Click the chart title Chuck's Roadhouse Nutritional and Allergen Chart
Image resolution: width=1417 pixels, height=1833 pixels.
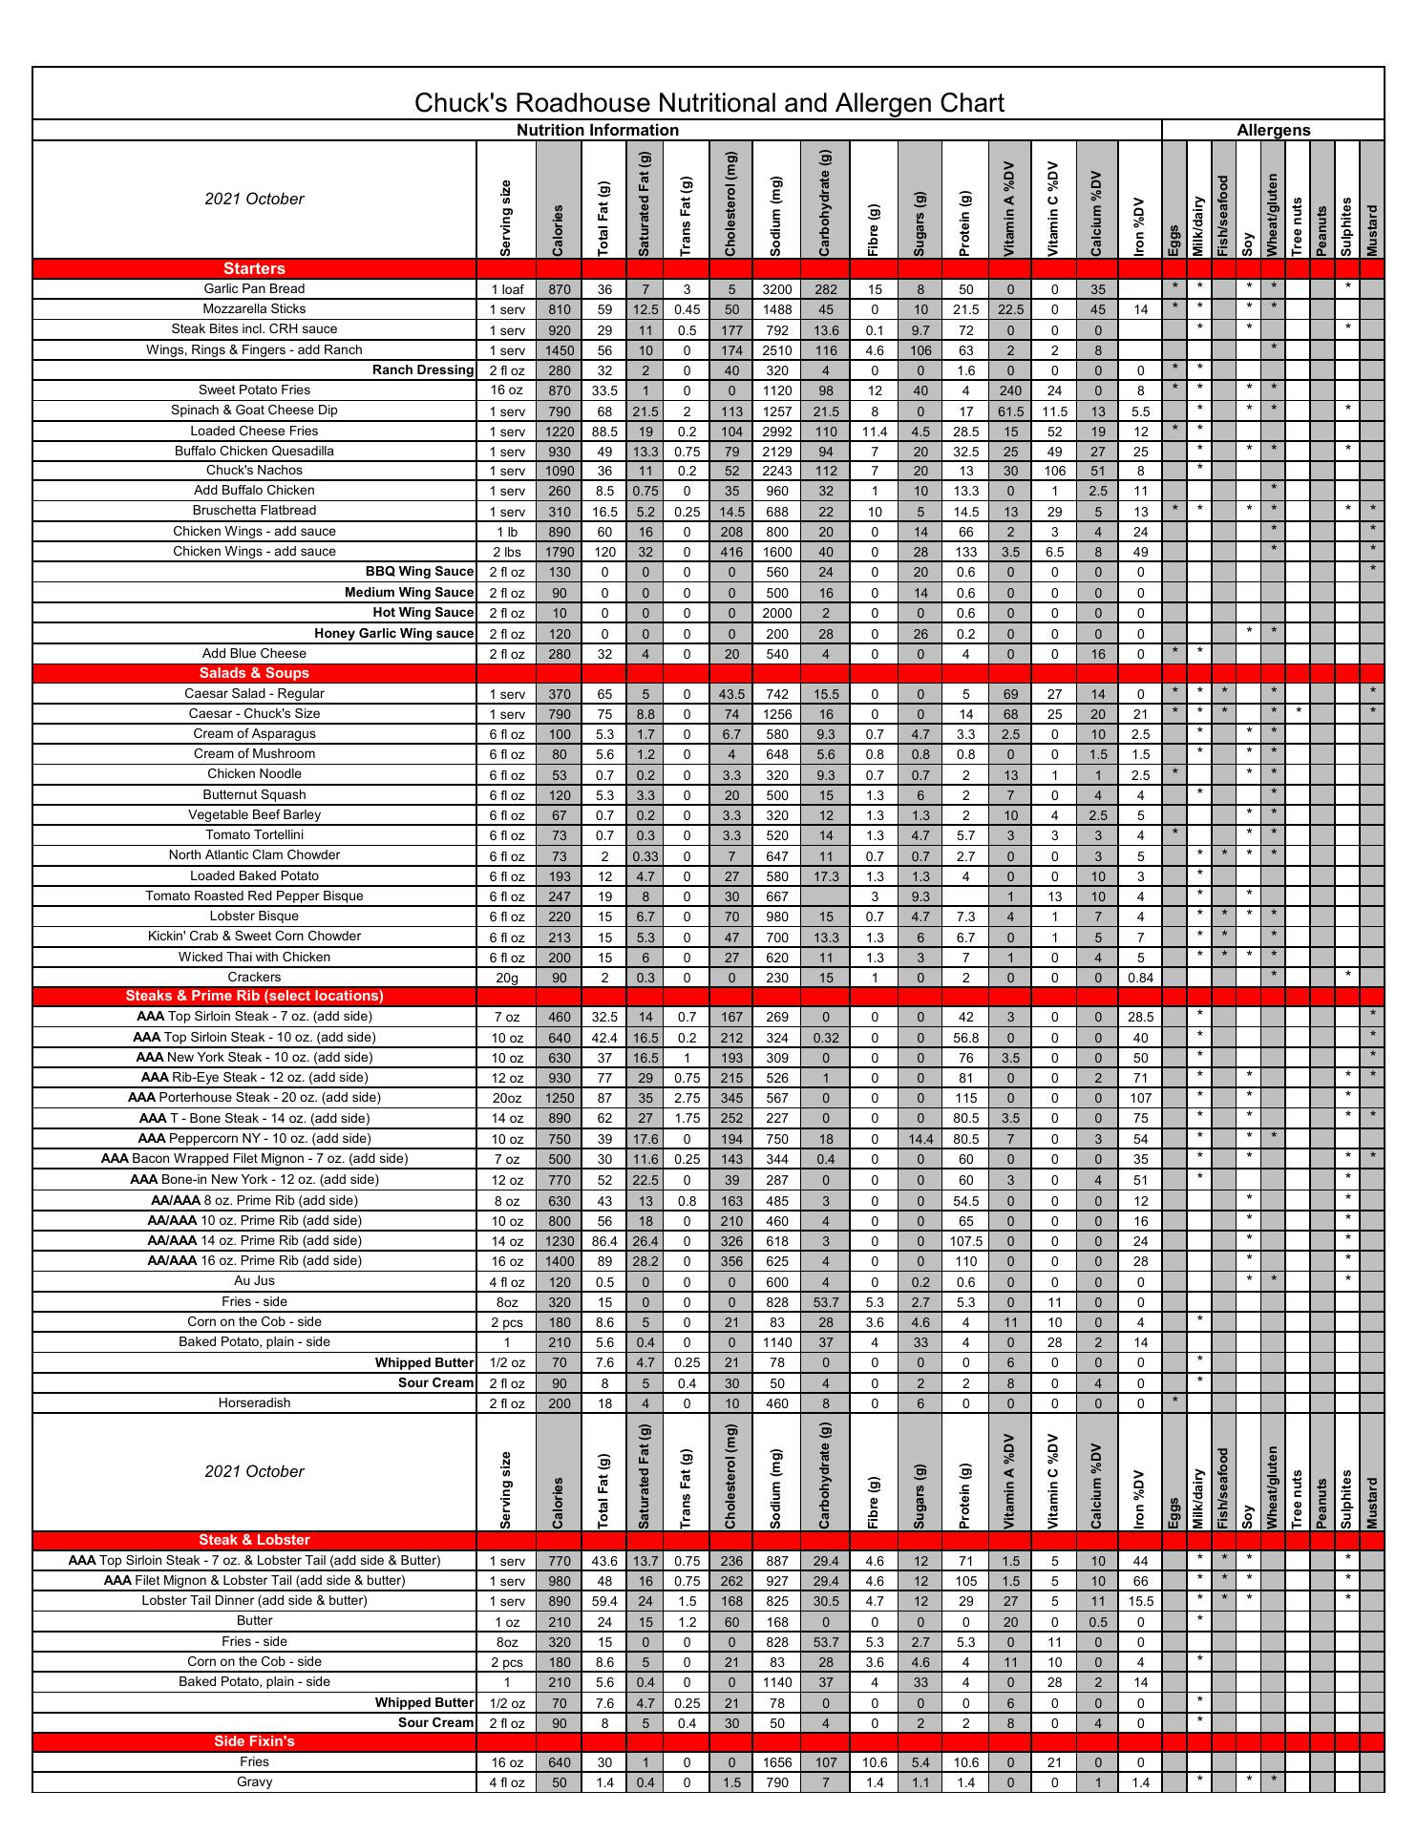point(708,103)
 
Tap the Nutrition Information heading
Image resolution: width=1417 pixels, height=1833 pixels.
point(598,131)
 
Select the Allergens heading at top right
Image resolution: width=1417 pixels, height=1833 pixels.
point(1273,131)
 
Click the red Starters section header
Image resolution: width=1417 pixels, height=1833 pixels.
point(254,269)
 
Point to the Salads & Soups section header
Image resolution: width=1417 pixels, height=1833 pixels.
point(254,673)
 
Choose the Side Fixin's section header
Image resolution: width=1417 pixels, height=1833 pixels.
point(254,1741)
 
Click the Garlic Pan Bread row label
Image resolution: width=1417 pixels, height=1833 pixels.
point(254,289)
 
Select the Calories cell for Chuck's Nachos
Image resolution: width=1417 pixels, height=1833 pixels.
point(559,471)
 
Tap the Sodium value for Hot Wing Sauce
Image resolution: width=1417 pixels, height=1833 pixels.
point(777,613)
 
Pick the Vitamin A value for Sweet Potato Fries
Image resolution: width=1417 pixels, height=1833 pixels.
point(1010,390)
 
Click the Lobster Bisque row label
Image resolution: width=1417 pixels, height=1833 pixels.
point(254,916)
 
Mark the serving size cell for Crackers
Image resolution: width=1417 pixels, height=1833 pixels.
point(506,978)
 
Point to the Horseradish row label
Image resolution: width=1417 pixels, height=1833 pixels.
point(254,1403)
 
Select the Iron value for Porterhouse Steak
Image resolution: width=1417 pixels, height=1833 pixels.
point(1140,1098)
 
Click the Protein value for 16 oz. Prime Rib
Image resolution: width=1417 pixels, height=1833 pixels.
point(966,1261)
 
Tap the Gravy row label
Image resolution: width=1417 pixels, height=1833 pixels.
point(254,1782)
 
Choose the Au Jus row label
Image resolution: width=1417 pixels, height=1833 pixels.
point(254,1281)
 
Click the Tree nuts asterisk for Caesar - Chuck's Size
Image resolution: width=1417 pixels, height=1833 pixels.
point(1299,713)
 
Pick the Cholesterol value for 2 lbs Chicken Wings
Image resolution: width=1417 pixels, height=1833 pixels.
point(731,552)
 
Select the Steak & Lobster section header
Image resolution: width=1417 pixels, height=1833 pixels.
point(254,1540)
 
